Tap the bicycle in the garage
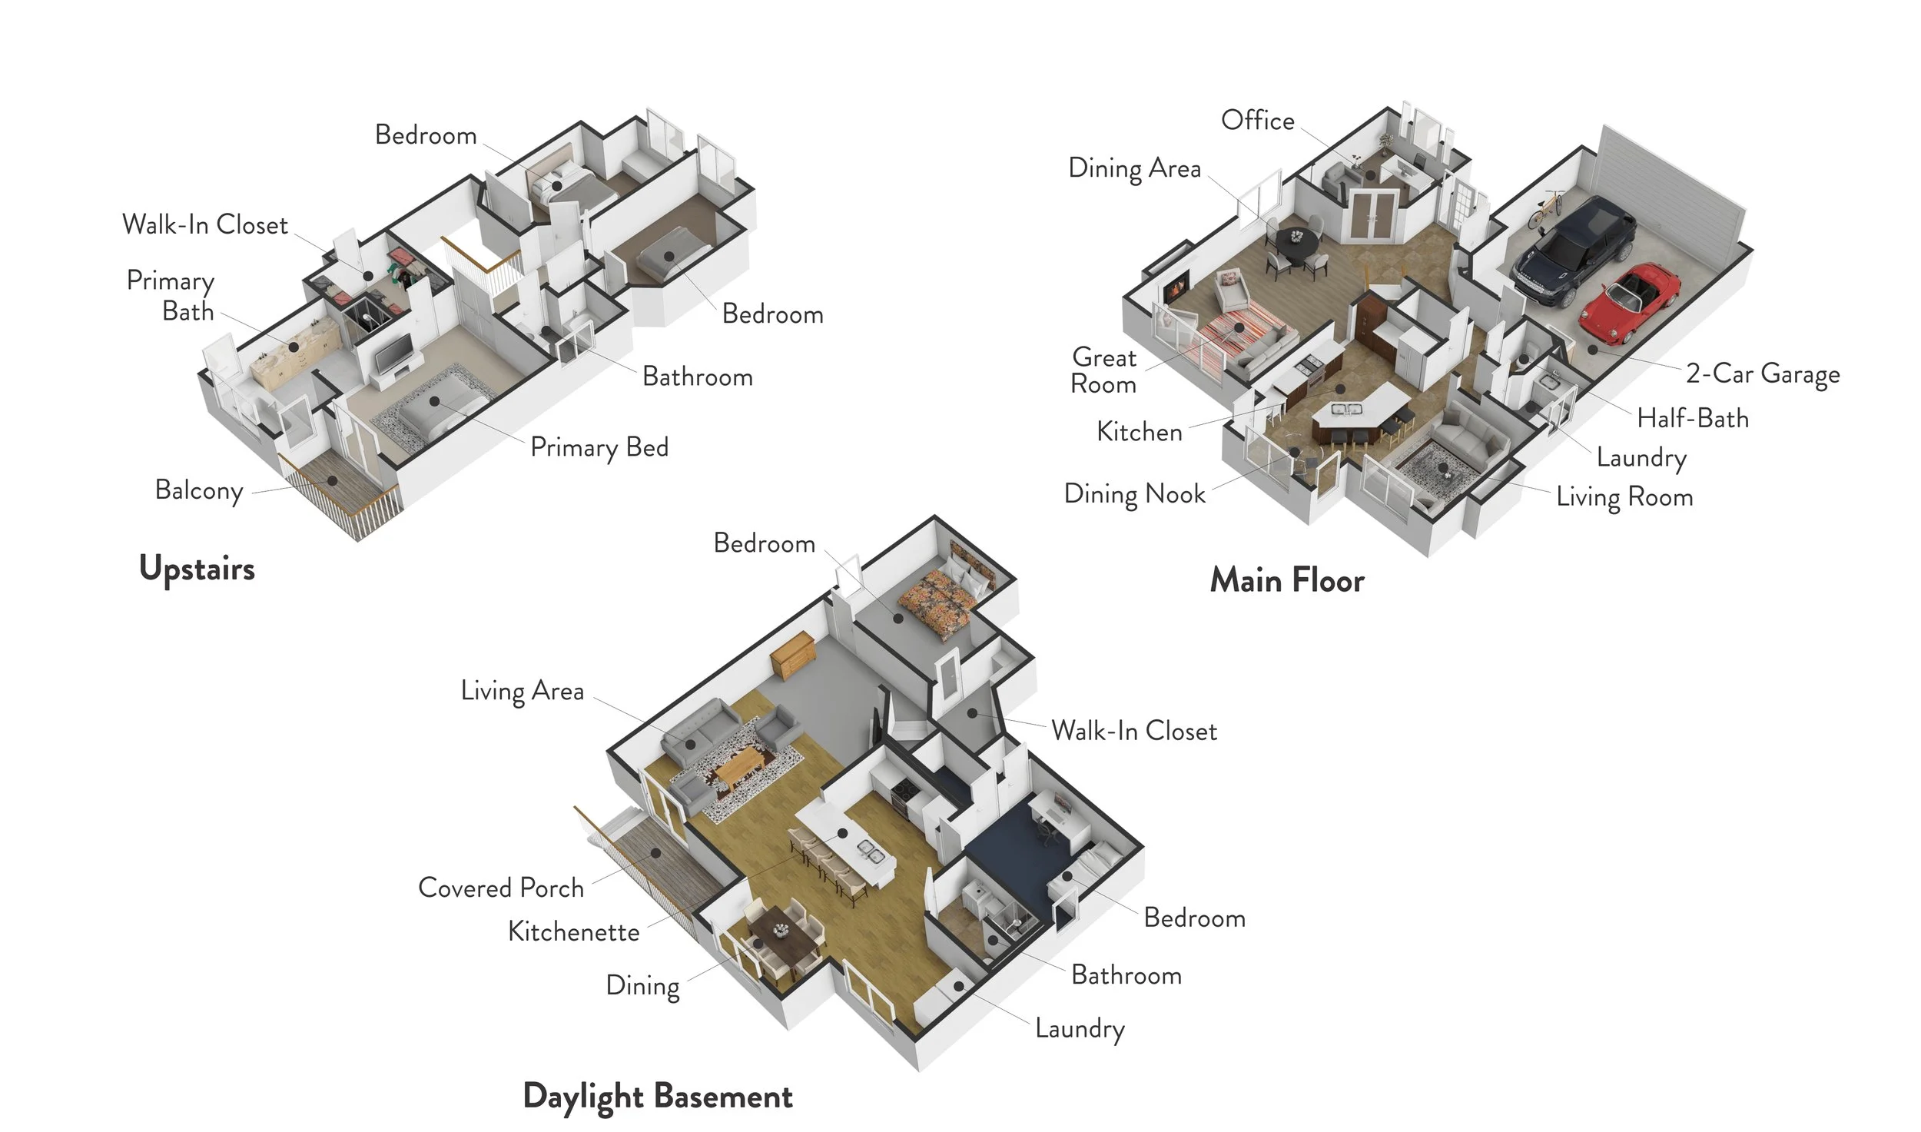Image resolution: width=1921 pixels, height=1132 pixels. pos(1545,209)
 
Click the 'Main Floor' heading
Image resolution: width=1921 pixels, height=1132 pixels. pos(1287,580)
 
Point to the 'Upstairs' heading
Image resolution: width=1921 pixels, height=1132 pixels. pos(197,569)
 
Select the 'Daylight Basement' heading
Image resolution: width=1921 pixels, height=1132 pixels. pos(657,1096)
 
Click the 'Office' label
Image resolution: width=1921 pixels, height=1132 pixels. pos(1257,121)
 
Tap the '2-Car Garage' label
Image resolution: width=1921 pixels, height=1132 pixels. pos(1763,374)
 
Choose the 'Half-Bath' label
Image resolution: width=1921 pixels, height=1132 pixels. pos(1692,419)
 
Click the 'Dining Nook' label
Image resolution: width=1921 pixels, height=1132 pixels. pos(1134,494)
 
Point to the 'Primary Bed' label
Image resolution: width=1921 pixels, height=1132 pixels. pos(599,447)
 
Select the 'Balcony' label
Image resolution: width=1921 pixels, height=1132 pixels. pos(199,490)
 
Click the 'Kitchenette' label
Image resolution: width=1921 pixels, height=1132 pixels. pos(573,932)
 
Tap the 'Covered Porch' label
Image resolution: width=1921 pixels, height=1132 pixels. pos(501,888)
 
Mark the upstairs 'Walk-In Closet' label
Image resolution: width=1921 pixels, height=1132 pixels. pos(205,225)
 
